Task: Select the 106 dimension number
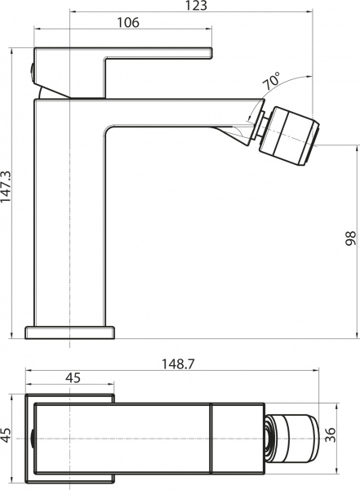click(127, 24)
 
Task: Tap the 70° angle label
click(272, 82)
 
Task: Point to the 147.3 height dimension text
click(7, 194)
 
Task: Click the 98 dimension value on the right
click(350, 238)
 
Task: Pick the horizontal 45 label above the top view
click(72, 377)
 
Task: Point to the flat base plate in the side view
click(70, 332)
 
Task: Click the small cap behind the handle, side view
click(33, 72)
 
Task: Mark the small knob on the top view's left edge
click(31, 438)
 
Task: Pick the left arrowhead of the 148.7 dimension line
click(29, 372)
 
